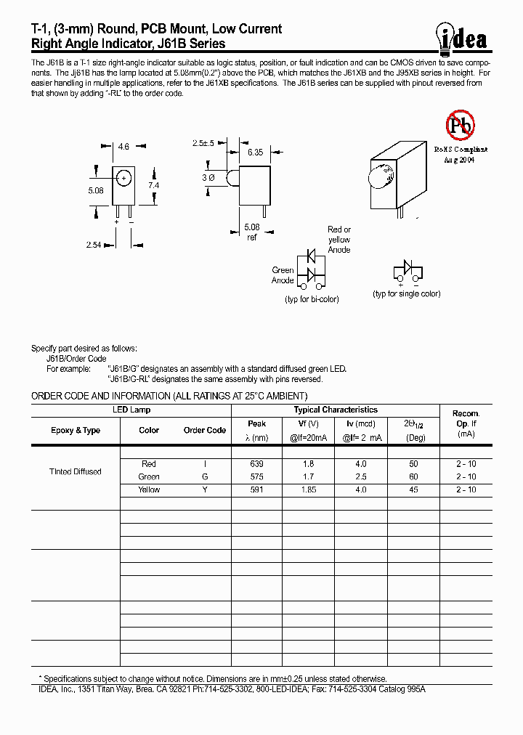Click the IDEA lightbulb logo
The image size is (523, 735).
click(462, 36)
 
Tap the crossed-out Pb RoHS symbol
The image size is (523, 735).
click(459, 126)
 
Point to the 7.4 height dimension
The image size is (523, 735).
click(154, 186)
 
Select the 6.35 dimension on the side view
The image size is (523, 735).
click(255, 153)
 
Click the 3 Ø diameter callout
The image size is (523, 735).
click(207, 178)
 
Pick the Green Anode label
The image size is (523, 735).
click(283, 275)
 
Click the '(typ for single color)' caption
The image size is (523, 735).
click(407, 293)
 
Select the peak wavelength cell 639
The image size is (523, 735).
click(256, 463)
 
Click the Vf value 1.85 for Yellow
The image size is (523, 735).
click(309, 490)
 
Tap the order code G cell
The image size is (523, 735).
click(204, 476)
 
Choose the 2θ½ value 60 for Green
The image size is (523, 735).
click(413, 476)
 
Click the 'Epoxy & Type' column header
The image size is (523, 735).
click(76, 430)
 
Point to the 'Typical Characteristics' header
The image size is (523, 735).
click(335, 410)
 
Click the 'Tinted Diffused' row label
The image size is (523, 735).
click(76, 471)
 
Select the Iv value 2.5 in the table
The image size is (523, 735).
click(361, 476)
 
